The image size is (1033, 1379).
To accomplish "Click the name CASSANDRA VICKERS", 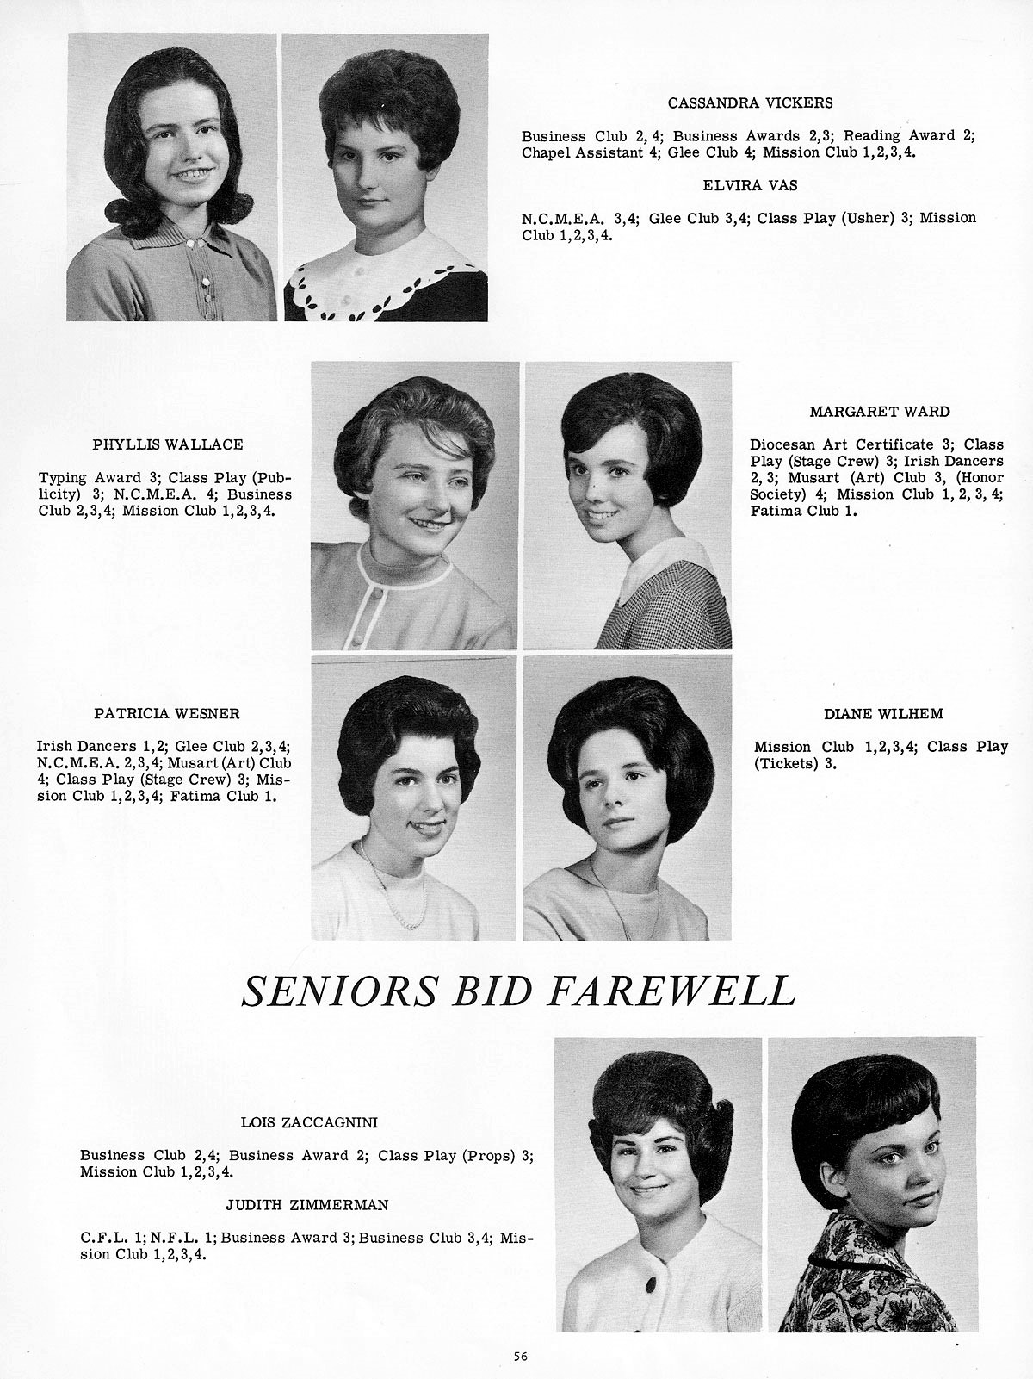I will (750, 102).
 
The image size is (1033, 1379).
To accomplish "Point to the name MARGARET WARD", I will (880, 412).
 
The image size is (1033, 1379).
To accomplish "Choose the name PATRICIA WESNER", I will (167, 713).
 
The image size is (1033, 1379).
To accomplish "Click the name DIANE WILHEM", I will (883, 713).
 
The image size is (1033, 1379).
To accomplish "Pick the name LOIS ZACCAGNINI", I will (309, 1122).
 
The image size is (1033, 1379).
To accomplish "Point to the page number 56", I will (520, 1356).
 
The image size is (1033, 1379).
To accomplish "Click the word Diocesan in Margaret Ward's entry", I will (781, 444).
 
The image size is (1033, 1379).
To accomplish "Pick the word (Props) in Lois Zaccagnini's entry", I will (489, 1155).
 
